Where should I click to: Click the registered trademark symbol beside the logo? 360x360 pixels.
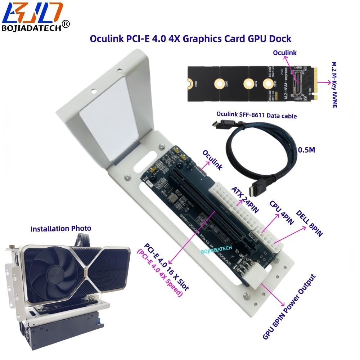(x=66, y=24)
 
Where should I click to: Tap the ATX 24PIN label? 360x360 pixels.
(x=245, y=200)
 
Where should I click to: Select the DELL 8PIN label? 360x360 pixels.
(x=309, y=223)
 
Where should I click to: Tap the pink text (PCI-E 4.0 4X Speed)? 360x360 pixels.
(x=159, y=273)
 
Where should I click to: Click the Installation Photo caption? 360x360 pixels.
(x=60, y=229)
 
